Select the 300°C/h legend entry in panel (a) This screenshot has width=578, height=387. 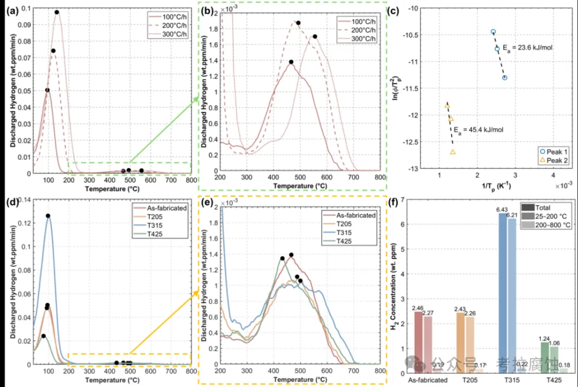pyautogui.click(x=165, y=38)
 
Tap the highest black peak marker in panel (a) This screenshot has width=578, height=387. pyautogui.click(x=57, y=12)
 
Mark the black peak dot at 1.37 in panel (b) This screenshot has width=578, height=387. pyautogui.click(x=291, y=62)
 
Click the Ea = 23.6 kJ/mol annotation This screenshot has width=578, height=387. pyautogui.click(x=527, y=48)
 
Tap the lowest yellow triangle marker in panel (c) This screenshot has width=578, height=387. pyautogui.click(x=453, y=152)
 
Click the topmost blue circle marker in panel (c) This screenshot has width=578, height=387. pyautogui.click(x=493, y=32)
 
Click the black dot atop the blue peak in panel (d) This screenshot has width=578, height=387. pyautogui.click(x=48, y=216)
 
